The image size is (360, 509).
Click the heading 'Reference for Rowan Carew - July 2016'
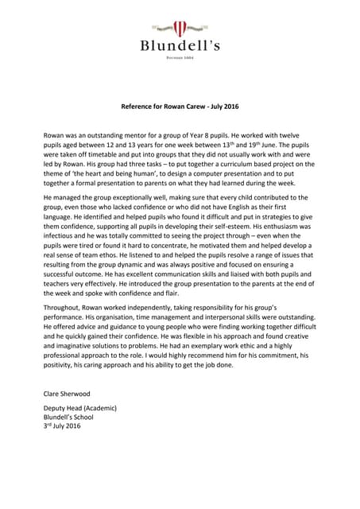click(x=180, y=105)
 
